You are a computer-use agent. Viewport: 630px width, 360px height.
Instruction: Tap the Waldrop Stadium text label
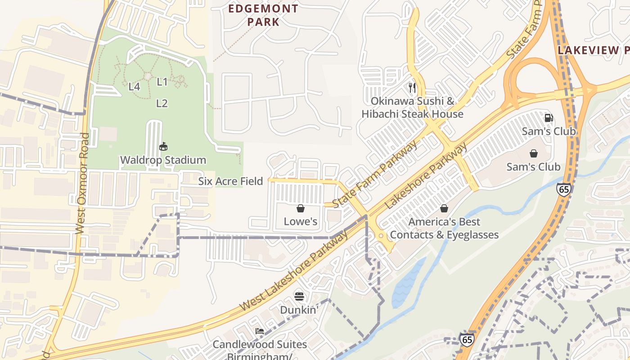pyautogui.click(x=163, y=160)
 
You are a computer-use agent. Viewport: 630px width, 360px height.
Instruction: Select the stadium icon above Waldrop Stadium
pyautogui.click(x=163, y=147)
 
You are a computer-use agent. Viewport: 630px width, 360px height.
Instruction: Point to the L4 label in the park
pyautogui.click(x=134, y=86)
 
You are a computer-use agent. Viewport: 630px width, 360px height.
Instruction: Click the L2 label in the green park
pyautogui.click(x=162, y=103)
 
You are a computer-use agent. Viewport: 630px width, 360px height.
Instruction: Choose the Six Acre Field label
pyautogui.click(x=230, y=181)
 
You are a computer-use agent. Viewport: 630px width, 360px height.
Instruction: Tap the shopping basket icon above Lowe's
pyautogui.click(x=300, y=208)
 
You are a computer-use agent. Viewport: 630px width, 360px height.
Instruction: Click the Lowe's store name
pyautogui.click(x=300, y=221)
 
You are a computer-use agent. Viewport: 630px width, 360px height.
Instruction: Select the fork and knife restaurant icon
pyautogui.click(x=412, y=87)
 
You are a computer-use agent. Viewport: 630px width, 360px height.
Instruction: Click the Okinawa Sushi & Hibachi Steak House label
pyautogui.click(x=412, y=108)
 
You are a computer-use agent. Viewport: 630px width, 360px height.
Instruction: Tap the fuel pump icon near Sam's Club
pyautogui.click(x=549, y=118)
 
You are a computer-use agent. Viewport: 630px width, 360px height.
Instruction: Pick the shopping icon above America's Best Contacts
pyautogui.click(x=444, y=208)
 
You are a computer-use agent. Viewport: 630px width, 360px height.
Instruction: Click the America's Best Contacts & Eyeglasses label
pyautogui.click(x=444, y=228)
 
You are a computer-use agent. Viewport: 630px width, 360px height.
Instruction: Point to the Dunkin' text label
pyautogui.click(x=299, y=310)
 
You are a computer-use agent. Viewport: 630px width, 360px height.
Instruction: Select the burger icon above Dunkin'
pyautogui.click(x=299, y=296)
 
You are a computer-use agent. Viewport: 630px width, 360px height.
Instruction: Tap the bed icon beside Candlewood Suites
pyautogui.click(x=260, y=331)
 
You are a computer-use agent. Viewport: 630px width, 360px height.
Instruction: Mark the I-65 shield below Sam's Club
pyautogui.click(x=563, y=189)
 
